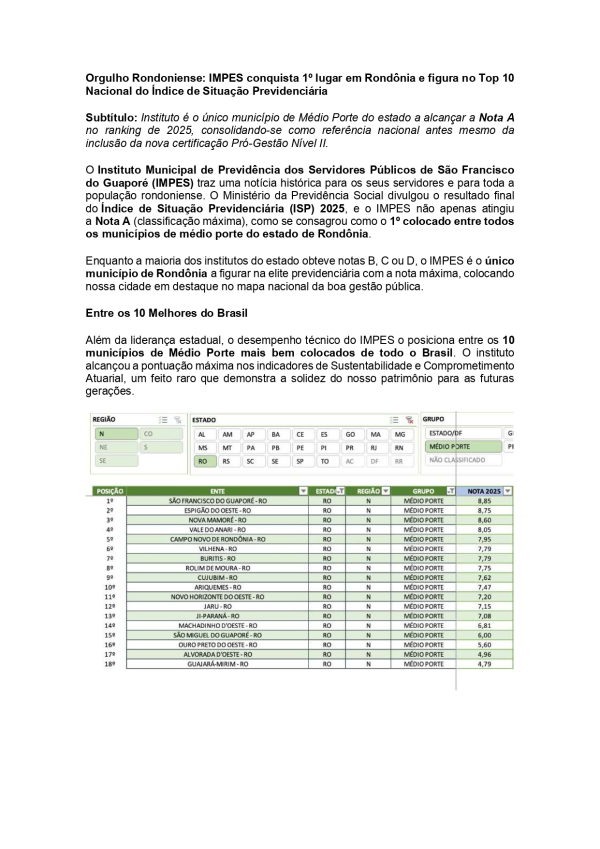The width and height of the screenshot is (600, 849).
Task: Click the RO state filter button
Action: coord(202,462)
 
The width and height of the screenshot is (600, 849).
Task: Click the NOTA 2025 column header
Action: coord(487,491)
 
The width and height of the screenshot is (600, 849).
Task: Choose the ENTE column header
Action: coord(217,491)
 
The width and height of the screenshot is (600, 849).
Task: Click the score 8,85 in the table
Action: coord(484,500)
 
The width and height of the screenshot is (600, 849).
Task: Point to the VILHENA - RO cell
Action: coord(217,548)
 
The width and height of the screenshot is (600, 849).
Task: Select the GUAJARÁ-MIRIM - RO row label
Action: coord(217,663)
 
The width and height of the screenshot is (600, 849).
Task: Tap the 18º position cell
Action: coord(109,663)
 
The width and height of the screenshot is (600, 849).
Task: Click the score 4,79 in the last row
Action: coord(484,663)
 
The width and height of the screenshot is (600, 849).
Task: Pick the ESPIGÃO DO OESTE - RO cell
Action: coord(217,510)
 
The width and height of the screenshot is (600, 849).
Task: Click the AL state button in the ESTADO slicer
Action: coord(202,434)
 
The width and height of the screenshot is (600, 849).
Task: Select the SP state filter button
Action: coord(300,462)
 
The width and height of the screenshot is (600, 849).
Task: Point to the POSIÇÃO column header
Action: coord(108,491)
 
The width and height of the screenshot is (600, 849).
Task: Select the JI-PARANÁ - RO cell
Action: coord(217,615)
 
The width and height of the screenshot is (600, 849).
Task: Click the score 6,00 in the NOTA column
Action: coord(484,634)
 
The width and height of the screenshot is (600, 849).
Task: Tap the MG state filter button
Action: coord(399,434)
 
